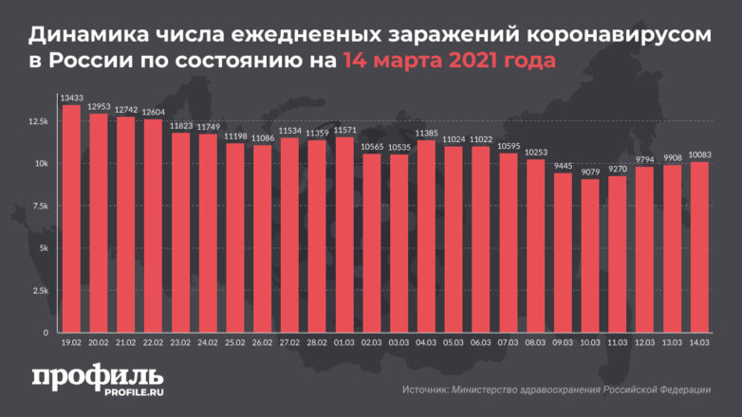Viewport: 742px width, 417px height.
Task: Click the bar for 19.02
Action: (x=70, y=218)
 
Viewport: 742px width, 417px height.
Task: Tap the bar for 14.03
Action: (x=699, y=246)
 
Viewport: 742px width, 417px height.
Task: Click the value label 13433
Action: (x=70, y=98)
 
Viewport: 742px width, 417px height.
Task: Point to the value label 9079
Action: (x=590, y=172)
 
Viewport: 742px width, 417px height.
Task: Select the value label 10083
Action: (x=699, y=154)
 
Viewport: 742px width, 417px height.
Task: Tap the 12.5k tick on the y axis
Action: (x=38, y=121)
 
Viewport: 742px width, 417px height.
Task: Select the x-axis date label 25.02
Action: (x=234, y=343)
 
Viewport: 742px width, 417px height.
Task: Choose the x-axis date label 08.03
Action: (x=535, y=343)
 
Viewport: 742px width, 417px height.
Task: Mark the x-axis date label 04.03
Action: (x=426, y=343)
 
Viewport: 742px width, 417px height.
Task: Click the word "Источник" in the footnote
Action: (x=426, y=390)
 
